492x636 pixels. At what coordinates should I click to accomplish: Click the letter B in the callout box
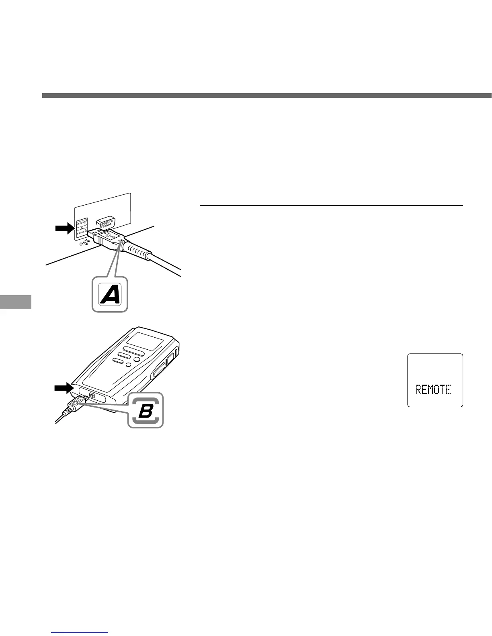coord(146,410)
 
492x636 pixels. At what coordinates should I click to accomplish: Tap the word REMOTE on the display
coord(433,389)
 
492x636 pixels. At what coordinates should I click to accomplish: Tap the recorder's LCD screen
coord(148,334)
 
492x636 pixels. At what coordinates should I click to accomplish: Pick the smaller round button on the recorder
coord(129,365)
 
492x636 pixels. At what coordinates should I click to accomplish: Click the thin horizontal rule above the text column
coord(331,206)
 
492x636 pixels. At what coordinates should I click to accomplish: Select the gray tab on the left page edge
coord(15,302)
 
